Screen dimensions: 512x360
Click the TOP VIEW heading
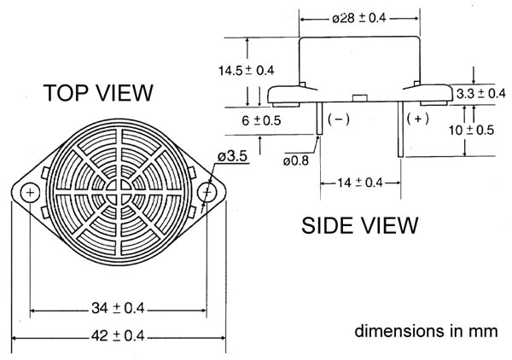tap(98, 93)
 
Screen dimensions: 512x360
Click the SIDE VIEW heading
tap(359, 225)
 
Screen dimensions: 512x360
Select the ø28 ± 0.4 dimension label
tap(359, 18)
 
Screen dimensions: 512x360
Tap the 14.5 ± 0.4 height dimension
tap(247, 71)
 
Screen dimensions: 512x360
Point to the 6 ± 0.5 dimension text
tap(261, 121)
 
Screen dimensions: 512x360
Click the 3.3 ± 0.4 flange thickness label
tap(480, 94)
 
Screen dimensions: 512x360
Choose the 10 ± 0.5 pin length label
tap(471, 131)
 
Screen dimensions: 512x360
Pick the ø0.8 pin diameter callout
tap(296, 160)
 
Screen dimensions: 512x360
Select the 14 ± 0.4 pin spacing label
tap(360, 183)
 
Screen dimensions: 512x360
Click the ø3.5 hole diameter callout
tap(232, 156)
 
